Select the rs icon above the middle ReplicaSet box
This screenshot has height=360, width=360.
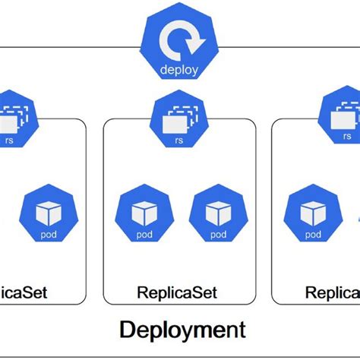pyautogui.click(x=178, y=121)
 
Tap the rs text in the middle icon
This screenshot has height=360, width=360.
pyautogui.click(x=178, y=139)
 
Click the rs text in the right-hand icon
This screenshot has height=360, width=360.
pyautogui.click(x=347, y=136)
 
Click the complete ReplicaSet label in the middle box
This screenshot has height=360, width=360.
pyautogui.click(x=177, y=292)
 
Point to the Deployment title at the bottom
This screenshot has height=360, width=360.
pyautogui.click(x=182, y=330)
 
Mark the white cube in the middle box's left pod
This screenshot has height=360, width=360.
pyautogui.click(x=144, y=211)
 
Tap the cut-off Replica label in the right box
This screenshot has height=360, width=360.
pyautogui.click(x=333, y=292)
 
